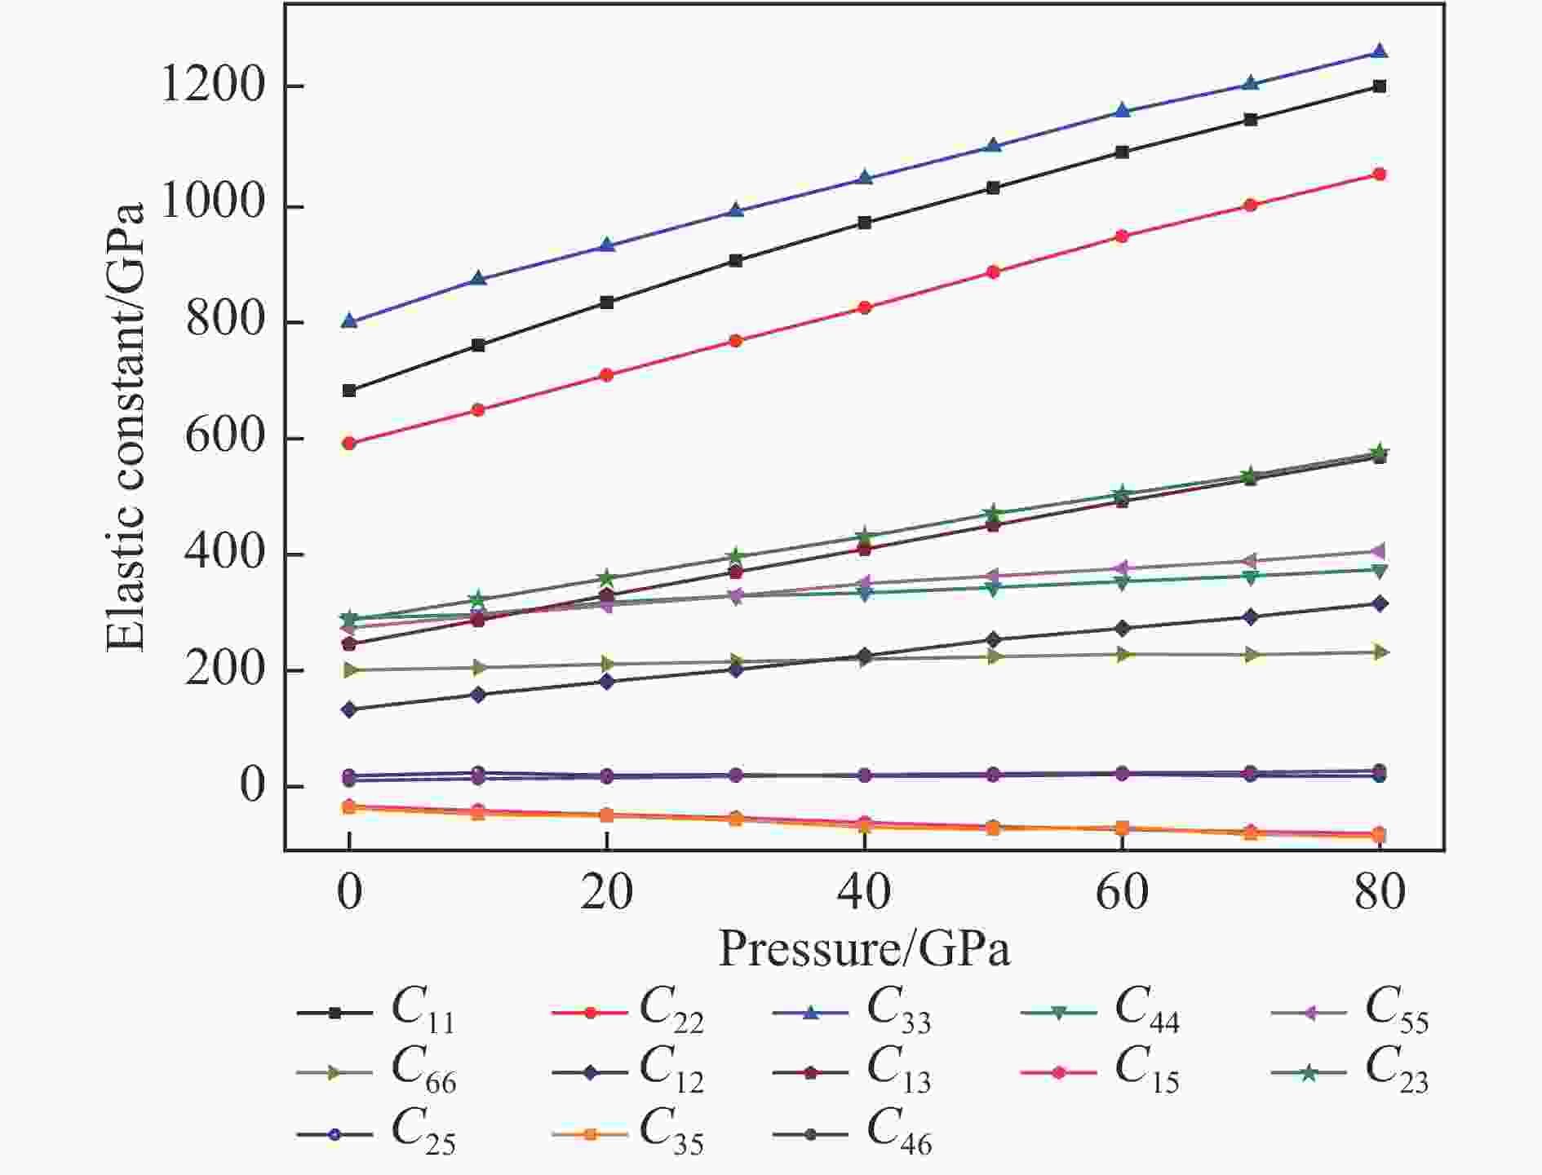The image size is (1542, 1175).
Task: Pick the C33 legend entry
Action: (x=853, y=1011)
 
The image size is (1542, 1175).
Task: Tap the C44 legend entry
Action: (x=1101, y=1011)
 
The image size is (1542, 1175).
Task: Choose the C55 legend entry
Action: (x=1351, y=1011)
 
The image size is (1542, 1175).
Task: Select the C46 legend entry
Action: (x=853, y=1133)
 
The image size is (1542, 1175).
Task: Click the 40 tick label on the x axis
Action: (x=864, y=893)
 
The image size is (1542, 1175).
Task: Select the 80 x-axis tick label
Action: (x=1380, y=893)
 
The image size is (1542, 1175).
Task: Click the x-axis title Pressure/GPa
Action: (x=864, y=948)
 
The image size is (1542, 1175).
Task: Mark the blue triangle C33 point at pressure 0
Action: (x=349, y=321)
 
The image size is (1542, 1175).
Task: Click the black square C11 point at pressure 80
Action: (x=1380, y=86)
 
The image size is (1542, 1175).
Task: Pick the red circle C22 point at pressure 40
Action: (x=864, y=307)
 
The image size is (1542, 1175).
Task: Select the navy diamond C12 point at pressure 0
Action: (x=349, y=709)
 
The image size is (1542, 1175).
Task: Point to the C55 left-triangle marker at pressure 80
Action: (x=1380, y=552)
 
